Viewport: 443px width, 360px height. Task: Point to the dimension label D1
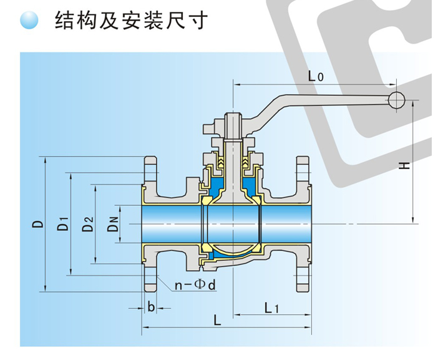[62, 223]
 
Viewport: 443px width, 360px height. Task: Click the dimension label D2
[87, 223]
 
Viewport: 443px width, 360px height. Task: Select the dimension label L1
[272, 307]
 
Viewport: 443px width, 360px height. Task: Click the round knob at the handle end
[395, 99]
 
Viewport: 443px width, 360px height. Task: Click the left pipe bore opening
[168, 223]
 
